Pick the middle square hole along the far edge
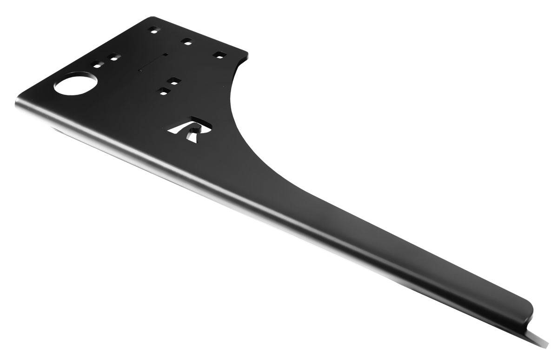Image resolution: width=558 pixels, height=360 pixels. click(x=187, y=41)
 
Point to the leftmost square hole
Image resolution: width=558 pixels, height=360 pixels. click(x=97, y=64)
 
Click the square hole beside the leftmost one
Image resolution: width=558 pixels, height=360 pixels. click(x=113, y=58)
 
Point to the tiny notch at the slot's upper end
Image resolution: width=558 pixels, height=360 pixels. click(x=165, y=54)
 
